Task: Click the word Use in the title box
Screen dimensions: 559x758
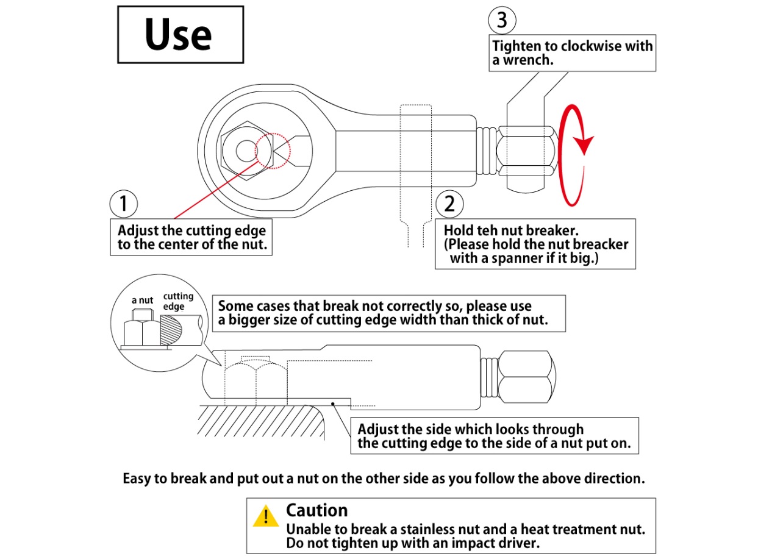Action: tap(179, 35)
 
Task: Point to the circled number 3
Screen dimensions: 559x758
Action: tap(501, 21)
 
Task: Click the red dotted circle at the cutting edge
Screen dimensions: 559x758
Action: tap(272, 151)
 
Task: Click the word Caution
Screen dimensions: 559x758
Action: tap(316, 510)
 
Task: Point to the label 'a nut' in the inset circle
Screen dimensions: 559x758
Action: tap(142, 300)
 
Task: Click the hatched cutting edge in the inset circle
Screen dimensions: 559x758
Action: tap(171, 330)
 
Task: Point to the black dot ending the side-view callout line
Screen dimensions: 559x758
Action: tap(332, 403)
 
